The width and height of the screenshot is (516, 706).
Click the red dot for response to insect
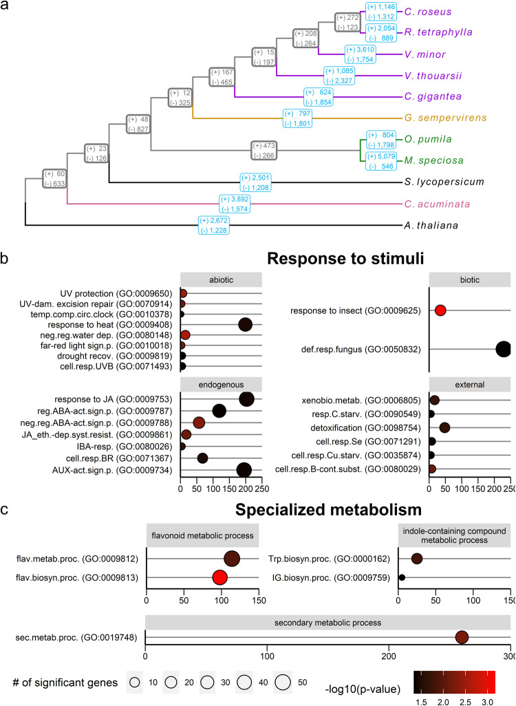pos(440,310)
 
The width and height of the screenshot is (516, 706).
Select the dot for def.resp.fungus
pos(504,349)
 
